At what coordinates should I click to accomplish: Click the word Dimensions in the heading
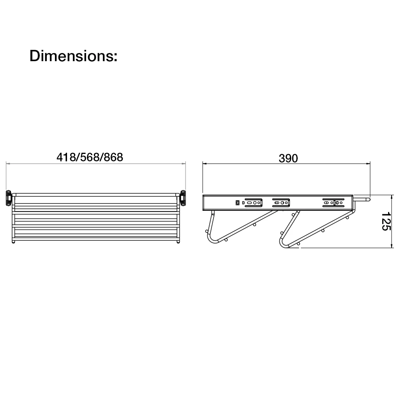(x=72, y=56)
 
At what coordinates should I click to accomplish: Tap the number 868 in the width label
(x=113, y=157)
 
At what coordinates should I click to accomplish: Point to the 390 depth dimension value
(x=288, y=158)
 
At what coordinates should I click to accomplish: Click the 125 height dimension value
(x=386, y=221)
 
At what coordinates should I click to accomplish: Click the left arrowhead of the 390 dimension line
(x=204, y=164)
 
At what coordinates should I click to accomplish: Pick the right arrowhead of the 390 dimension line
(x=369, y=164)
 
